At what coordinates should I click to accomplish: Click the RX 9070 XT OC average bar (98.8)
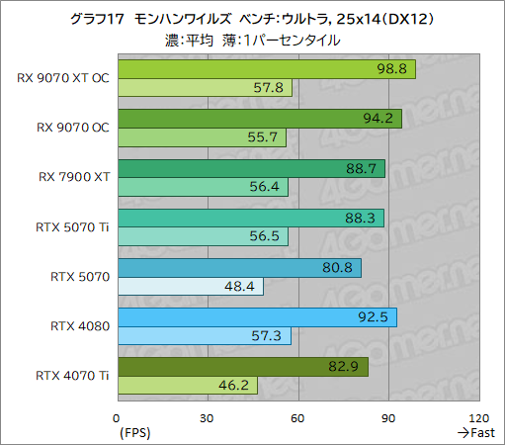click(x=266, y=69)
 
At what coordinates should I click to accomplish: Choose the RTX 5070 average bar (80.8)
click(x=238, y=267)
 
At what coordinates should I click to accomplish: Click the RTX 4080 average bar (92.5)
click(x=256, y=317)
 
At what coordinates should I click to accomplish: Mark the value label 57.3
click(x=271, y=336)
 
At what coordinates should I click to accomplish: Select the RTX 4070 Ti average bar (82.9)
click(x=242, y=367)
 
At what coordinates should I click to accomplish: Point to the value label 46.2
click(x=238, y=386)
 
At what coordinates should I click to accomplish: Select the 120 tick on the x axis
click(x=478, y=417)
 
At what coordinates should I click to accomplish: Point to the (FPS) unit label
click(x=134, y=432)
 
